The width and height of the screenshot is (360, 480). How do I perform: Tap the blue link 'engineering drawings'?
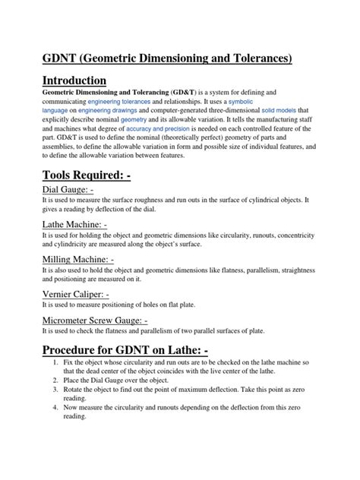[x=112, y=110]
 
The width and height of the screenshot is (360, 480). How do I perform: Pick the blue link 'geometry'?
[x=153, y=120]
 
